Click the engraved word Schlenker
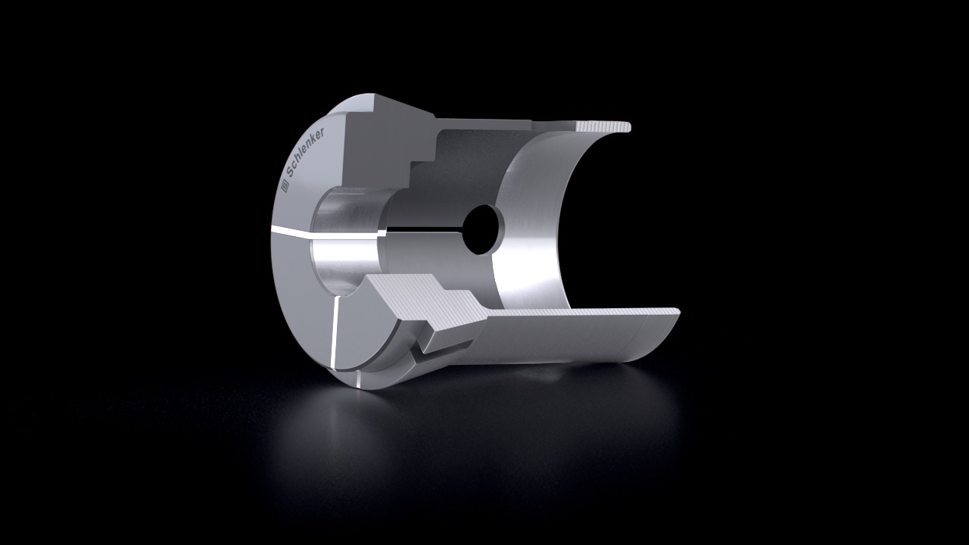(x=306, y=153)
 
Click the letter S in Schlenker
(x=291, y=173)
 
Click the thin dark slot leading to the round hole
(x=426, y=229)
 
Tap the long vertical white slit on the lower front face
(x=334, y=333)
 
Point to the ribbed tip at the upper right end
(x=604, y=126)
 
